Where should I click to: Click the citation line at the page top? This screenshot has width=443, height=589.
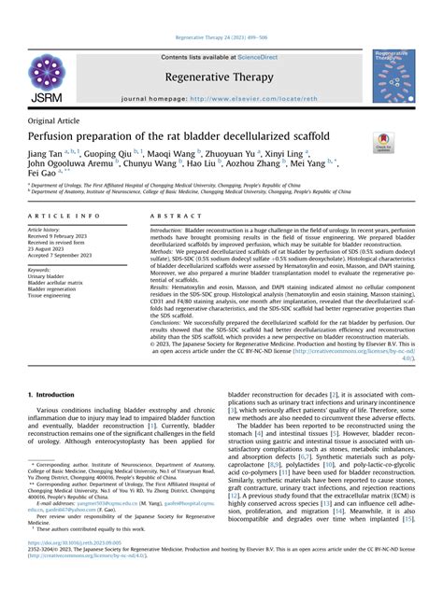tap(221, 37)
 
